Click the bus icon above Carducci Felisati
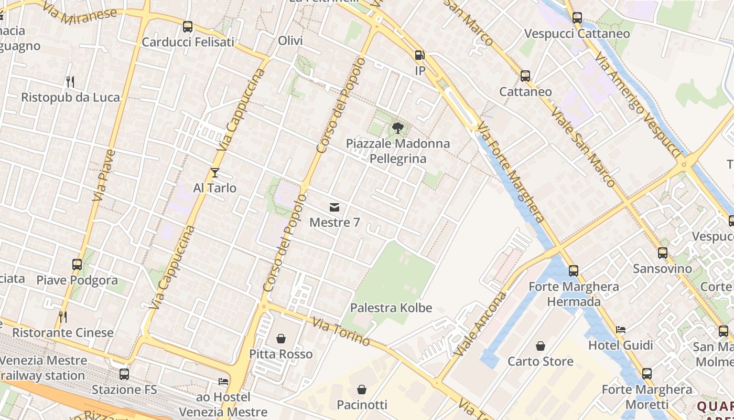pyautogui.click(x=188, y=27)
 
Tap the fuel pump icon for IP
pyautogui.click(x=419, y=55)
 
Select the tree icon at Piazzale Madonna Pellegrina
pyautogui.click(x=398, y=128)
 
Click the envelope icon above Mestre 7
pyautogui.click(x=334, y=207)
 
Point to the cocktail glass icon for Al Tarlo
pyautogui.click(x=214, y=173)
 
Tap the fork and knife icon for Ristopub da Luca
pyautogui.click(x=70, y=82)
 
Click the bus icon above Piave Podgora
pyautogui.click(x=77, y=265)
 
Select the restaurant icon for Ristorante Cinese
pyautogui.click(x=62, y=317)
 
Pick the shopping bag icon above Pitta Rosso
pyautogui.click(x=281, y=339)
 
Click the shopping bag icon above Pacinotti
pyautogui.click(x=362, y=390)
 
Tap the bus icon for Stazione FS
pyautogui.click(x=124, y=374)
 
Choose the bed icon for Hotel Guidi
pyautogui.click(x=621, y=330)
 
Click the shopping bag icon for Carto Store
pyautogui.click(x=541, y=346)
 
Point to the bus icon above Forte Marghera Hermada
pyautogui.click(x=574, y=271)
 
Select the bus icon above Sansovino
pyautogui.click(x=663, y=253)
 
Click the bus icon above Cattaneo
pyautogui.click(x=525, y=76)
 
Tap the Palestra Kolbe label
pyautogui.click(x=391, y=308)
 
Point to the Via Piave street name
pyautogui.click(x=104, y=175)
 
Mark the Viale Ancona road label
pyautogui.click(x=478, y=324)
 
